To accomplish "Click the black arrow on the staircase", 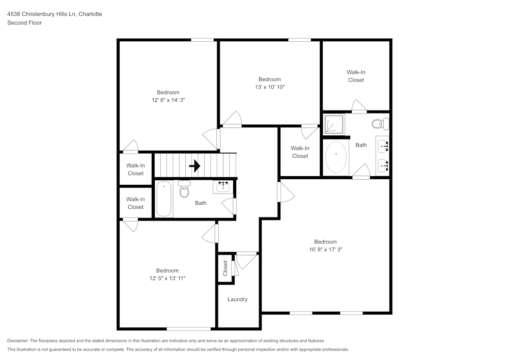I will pos(194,166).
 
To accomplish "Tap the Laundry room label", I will pos(237,299).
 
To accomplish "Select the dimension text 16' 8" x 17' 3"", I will pos(325,250).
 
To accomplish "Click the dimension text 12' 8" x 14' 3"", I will pos(168,100).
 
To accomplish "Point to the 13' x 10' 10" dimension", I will pos(269,87).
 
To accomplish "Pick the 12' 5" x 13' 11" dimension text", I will pos(167,279).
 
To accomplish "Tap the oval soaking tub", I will pos(336,157).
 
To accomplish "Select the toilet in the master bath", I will pos(380,123).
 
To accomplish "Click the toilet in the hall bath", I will pos(184,189).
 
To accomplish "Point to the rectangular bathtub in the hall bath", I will pos(164,199).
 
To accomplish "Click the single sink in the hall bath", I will pos(223,186).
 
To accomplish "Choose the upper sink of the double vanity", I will pos(383,147).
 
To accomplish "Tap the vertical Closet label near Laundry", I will pos(225,268).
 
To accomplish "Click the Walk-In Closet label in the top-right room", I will pos(356,76).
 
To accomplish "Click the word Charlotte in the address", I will pos(90,14).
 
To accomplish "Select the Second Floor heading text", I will pos(24,23).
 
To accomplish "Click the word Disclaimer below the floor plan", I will pos(18,341).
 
